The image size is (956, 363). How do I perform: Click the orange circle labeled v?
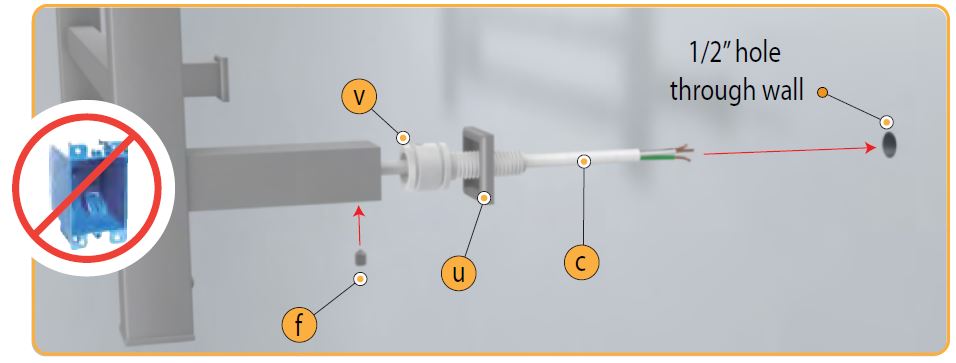point(360,97)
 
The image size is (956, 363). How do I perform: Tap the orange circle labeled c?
point(582,262)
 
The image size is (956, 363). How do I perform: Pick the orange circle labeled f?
point(299,325)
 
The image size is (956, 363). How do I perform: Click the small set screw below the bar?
point(360,257)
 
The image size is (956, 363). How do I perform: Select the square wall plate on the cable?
point(478,165)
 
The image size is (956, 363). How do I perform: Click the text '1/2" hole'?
point(734,54)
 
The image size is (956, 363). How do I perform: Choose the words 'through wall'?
point(737,90)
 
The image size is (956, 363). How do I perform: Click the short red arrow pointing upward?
point(359,226)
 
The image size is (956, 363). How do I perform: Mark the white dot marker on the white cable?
point(584,162)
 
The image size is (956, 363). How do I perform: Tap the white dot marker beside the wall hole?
point(887,122)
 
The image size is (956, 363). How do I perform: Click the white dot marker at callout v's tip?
point(403,138)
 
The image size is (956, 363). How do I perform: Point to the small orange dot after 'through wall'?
point(822,93)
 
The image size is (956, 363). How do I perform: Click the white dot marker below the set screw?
point(360,279)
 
